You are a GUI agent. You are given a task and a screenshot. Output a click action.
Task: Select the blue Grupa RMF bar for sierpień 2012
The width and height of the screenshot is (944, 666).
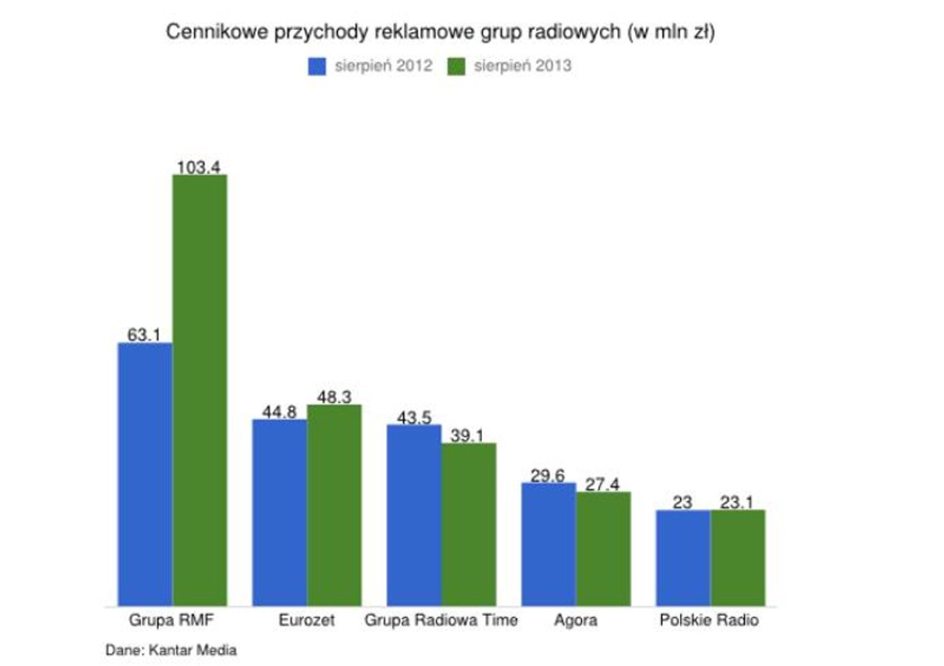pos(145,474)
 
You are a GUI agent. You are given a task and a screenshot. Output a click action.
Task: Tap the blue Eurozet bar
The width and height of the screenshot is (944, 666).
pos(280,512)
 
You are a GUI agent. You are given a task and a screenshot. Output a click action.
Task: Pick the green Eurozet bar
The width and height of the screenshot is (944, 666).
pos(334,504)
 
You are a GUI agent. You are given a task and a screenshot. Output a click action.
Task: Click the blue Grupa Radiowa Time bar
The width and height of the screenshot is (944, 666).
pos(414,514)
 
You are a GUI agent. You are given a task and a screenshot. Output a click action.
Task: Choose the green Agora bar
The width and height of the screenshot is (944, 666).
pos(604,549)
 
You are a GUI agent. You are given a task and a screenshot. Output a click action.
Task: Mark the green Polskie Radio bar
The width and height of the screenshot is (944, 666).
pos(738,558)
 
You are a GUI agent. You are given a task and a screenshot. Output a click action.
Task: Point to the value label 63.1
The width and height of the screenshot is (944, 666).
pos(144,334)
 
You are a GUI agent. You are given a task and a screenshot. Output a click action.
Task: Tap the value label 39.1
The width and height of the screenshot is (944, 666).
pos(468,435)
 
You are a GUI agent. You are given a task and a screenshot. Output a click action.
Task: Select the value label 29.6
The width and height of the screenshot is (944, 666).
pos(548,475)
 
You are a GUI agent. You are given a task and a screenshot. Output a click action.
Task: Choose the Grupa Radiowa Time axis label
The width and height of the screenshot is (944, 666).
pos(441,620)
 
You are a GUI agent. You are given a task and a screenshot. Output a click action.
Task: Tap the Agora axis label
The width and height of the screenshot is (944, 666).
pos(575,620)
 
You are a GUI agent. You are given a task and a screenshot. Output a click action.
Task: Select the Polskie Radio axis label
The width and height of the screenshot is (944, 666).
pos(709,620)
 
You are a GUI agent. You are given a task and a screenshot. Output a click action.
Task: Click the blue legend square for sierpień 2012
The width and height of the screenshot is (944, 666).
pos(317,67)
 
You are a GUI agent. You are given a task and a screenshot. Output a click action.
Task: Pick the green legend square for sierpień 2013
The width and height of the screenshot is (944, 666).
pos(456,67)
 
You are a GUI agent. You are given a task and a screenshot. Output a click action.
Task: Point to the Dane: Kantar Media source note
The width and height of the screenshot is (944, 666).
pos(171,650)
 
